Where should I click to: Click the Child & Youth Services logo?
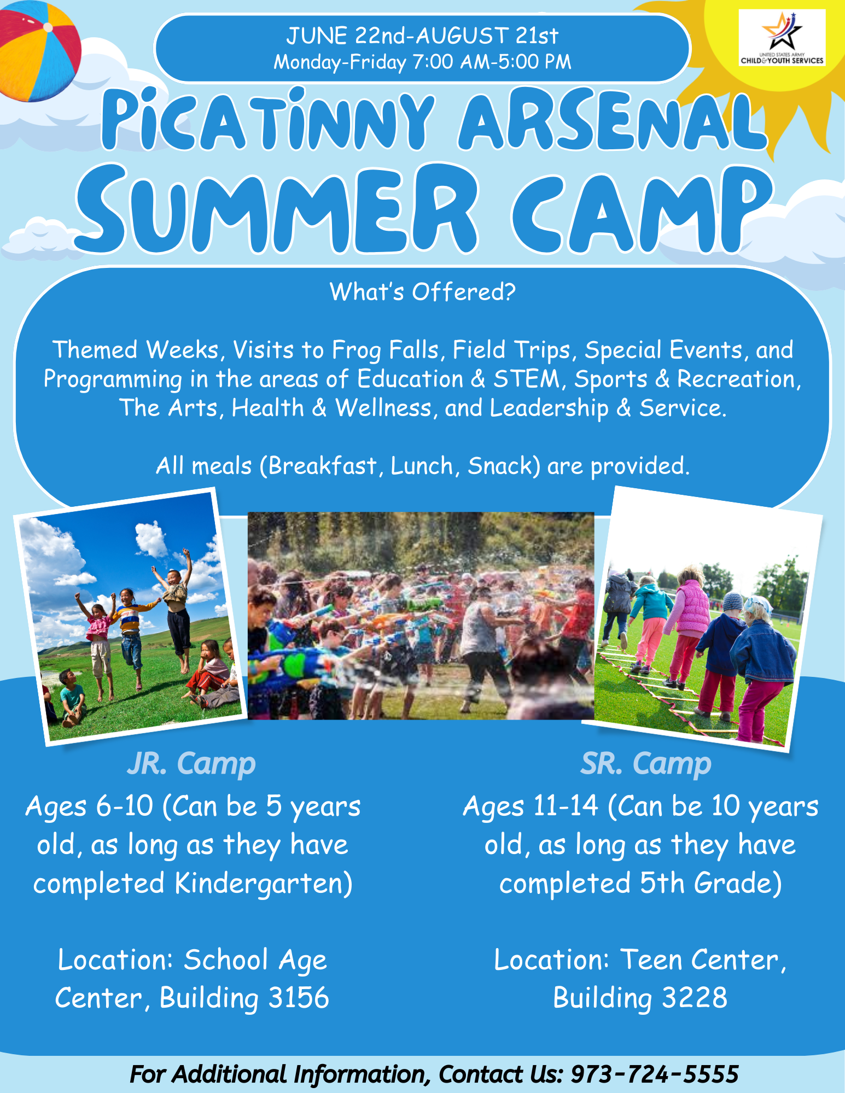[x=782, y=38]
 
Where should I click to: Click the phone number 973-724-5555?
[x=655, y=1074]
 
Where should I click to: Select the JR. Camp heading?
[x=191, y=763]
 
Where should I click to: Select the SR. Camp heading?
[x=646, y=763]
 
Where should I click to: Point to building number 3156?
[x=299, y=997]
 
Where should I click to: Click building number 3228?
[x=695, y=997]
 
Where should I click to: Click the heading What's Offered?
[x=423, y=292]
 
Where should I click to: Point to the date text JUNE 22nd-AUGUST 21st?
[x=422, y=36]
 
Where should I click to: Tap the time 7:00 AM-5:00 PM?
[x=492, y=62]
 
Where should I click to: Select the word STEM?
[x=526, y=379]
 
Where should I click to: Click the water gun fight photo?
[x=421, y=616]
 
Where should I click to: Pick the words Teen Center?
[x=700, y=960]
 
